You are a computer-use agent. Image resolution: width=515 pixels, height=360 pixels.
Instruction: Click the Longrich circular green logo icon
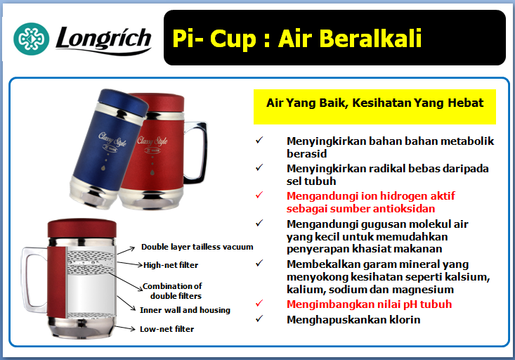coord(32,39)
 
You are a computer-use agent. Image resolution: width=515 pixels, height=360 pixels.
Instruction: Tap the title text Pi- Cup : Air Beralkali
coord(297,38)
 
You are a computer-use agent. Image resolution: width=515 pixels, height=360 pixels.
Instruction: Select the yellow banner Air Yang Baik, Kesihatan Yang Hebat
coord(374,103)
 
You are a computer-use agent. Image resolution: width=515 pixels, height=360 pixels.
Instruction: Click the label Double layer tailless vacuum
coord(197,247)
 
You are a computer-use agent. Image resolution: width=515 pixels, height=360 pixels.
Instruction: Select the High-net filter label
coord(171,265)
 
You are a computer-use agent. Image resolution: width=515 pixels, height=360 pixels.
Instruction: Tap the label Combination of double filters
coord(172,290)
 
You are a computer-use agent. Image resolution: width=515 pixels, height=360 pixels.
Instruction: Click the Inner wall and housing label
coord(185,310)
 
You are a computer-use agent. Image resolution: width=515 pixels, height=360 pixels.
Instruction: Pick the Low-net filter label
coord(167,328)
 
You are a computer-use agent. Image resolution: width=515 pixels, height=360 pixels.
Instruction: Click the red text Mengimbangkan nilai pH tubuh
coord(369,304)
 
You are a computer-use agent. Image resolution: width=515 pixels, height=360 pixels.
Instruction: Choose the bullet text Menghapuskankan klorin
coord(353,319)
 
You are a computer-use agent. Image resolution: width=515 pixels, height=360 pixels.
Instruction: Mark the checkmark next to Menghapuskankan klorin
coord(259,319)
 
